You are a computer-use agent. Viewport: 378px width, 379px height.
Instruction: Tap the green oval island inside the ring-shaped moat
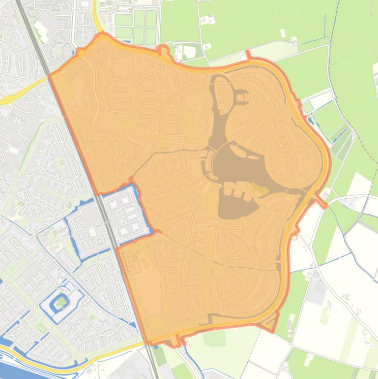click(61, 301)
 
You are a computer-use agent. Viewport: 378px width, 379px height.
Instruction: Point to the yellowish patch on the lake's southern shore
click(259, 189)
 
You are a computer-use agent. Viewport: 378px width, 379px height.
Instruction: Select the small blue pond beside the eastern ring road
click(310, 120)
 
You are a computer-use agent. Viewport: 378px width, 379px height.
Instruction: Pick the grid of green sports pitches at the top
click(137, 27)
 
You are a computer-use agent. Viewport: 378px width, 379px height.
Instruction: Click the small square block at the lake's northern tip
click(242, 98)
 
